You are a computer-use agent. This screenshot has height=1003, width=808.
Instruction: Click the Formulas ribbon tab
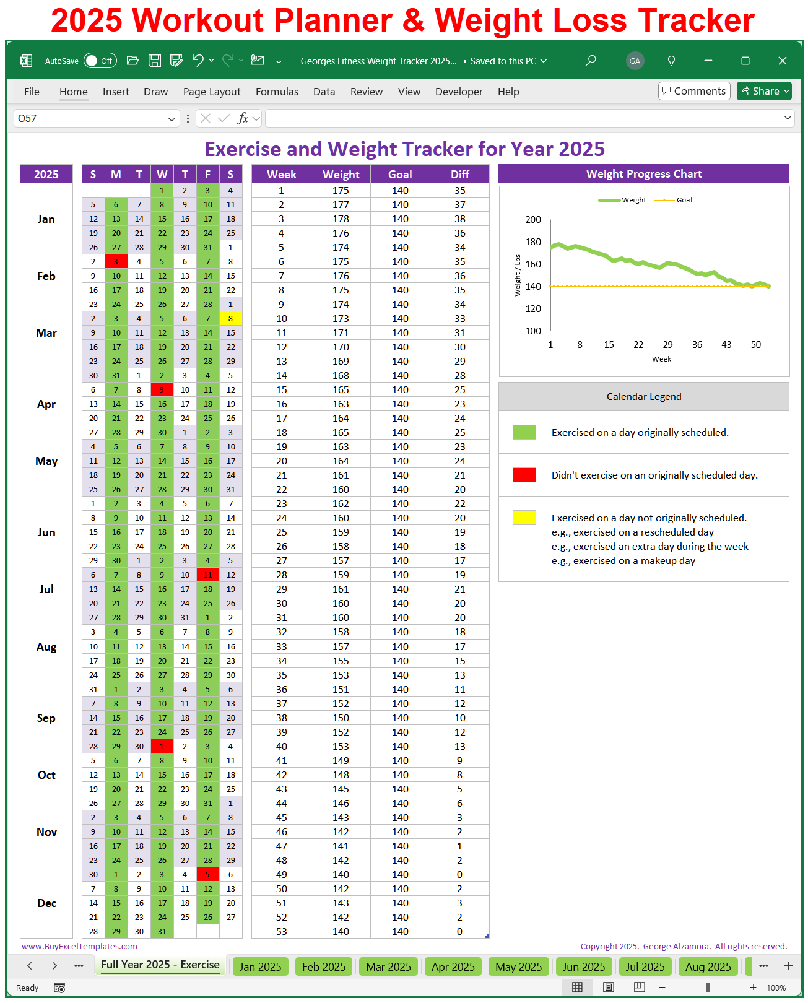[x=277, y=92]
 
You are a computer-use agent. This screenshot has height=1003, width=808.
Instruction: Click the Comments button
[x=693, y=91]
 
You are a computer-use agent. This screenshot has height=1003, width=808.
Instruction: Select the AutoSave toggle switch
[x=100, y=61]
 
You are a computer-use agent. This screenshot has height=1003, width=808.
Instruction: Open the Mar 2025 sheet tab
[x=388, y=966]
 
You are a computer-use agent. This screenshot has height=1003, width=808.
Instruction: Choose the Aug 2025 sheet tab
[x=708, y=966]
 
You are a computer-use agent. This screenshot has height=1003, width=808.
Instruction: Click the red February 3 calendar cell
[x=116, y=261]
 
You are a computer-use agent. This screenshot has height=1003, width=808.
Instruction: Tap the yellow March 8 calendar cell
[x=230, y=318]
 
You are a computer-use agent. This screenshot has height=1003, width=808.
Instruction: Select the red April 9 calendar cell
[x=162, y=389]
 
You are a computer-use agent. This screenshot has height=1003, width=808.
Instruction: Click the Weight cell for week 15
[x=341, y=389]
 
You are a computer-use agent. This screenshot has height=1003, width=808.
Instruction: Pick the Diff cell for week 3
[x=459, y=219]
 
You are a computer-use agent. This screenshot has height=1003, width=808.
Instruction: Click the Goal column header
[x=400, y=174]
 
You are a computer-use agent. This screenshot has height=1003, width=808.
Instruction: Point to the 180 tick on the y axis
[x=532, y=241]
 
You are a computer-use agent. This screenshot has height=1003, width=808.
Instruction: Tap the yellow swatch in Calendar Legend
[x=524, y=518]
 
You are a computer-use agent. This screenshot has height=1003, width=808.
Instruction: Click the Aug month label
[x=46, y=646]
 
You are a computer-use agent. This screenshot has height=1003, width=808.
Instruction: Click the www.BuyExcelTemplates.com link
[x=79, y=946]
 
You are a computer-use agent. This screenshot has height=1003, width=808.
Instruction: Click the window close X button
[x=782, y=61]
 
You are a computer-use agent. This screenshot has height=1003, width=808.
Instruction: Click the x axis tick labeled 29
[x=667, y=345]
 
